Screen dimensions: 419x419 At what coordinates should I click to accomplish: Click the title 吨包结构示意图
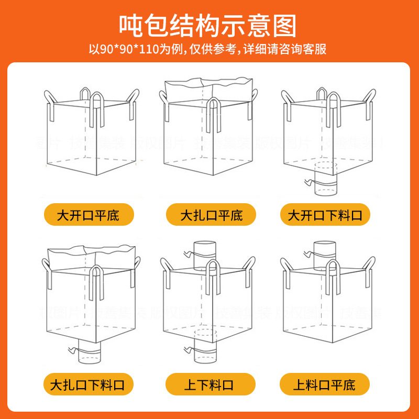209,25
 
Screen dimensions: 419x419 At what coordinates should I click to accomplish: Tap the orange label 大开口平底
89,215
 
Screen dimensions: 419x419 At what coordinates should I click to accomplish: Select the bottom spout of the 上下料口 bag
205,349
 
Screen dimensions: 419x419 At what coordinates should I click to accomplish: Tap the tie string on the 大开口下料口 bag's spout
308,182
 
